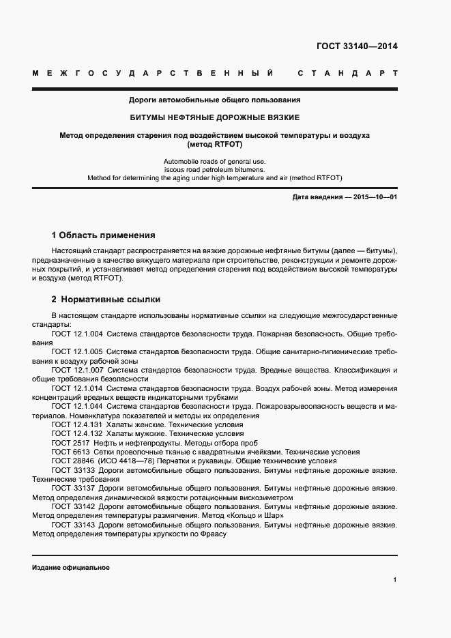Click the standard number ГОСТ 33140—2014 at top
coord(357,47)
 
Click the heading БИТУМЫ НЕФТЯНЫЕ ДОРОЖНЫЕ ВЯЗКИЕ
coord(215,117)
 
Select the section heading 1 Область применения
coord(104,235)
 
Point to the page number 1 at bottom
coord(395,579)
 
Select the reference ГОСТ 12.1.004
coord(77,334)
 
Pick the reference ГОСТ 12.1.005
coord(77,352)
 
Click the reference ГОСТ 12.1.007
coord(77,370)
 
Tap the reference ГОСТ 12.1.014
coord(77,388)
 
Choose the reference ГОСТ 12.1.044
coord(77,407)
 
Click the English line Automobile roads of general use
coord(215,160)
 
